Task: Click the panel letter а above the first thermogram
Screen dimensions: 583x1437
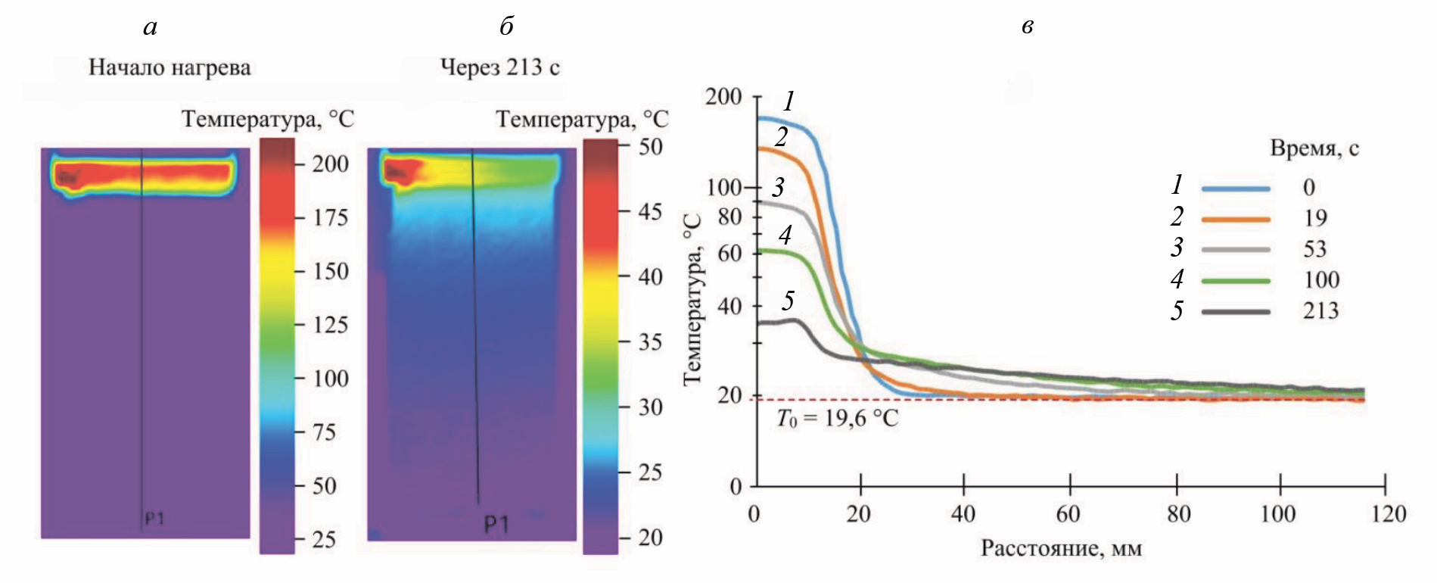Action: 150,28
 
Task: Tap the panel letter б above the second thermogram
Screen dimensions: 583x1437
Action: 506,26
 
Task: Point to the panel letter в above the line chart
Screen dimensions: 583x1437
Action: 1027,28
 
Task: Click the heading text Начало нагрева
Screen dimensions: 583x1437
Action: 170,67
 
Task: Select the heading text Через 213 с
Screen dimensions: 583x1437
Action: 499,67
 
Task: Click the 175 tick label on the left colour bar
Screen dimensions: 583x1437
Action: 331,217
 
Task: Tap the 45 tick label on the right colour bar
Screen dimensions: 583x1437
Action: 650,211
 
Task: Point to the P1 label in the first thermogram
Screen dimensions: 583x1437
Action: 154,519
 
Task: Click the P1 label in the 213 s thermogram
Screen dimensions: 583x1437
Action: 496,524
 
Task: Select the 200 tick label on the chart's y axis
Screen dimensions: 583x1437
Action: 723,97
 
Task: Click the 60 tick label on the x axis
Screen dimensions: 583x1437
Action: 1067,514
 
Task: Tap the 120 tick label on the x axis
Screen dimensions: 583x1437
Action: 1387,514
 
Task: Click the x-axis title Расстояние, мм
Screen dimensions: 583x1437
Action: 1061,548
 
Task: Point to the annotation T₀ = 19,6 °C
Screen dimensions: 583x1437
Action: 838,419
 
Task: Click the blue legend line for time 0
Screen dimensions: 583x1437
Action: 1235,188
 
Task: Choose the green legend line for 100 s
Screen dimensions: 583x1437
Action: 1235,281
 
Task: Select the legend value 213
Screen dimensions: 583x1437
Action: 1320,310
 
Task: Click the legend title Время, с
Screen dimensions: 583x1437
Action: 1314,148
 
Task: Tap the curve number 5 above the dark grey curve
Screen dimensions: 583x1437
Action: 788,301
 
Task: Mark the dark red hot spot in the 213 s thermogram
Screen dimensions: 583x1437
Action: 397,172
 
